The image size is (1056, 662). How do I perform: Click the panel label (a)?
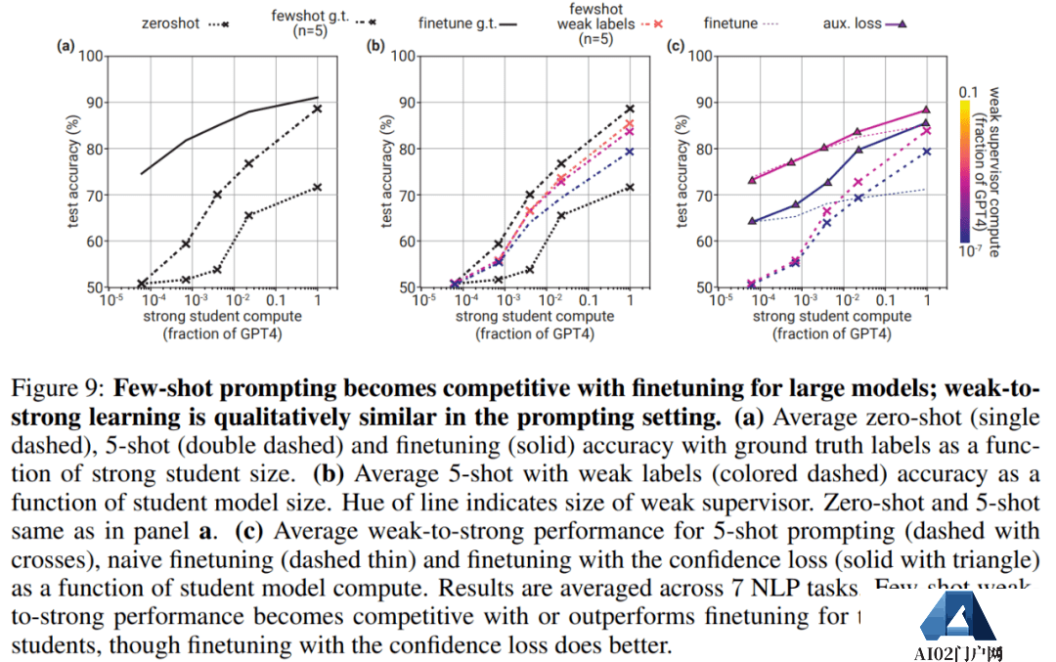tap(66, 45)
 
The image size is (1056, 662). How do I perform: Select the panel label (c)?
tap(674, 45)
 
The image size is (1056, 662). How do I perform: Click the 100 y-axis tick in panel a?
tap(91, 56)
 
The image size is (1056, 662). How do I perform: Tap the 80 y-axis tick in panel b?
tap(404, 149)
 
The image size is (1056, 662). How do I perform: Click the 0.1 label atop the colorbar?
tap(968, 91)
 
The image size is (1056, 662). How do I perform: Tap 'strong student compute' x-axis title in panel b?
tap(535, 316)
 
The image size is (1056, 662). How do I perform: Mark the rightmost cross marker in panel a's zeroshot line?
tap(318, 187)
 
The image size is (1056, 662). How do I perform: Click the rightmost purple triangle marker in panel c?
tap(926, 110)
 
